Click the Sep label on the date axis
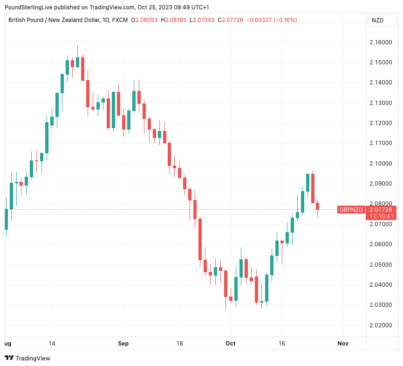[x=123, y=344]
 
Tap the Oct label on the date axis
[x=231, y=344]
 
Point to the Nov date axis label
[x=343, y=344]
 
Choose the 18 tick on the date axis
[x=180, y=344]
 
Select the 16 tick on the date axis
[x=281, y=344]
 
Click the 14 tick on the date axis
[x=52, y=344]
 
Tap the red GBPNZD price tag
[x=351, y=210]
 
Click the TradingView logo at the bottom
[x=27, y=358]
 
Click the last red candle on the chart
[x=317, y=207]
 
